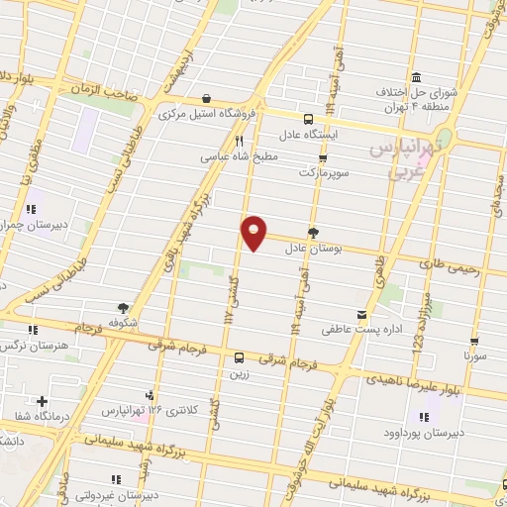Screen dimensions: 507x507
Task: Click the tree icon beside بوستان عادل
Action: pyautogui.click(x=314, y=234)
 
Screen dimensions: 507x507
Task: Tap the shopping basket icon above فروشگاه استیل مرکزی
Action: pyautogui.click(x=206, y=98)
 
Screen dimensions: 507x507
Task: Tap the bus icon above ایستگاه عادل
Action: pyautogui.click(x=333, y=115)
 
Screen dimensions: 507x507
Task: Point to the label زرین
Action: pyautogui.click(x=239, y=374)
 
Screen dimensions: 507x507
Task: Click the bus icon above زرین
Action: pyautogui.click(x=239, y=358)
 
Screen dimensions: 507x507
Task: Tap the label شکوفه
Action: pyautogui.click(x=123, y=323)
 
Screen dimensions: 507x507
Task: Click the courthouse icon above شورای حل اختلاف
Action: pyautogui.click(x=414, y=78)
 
